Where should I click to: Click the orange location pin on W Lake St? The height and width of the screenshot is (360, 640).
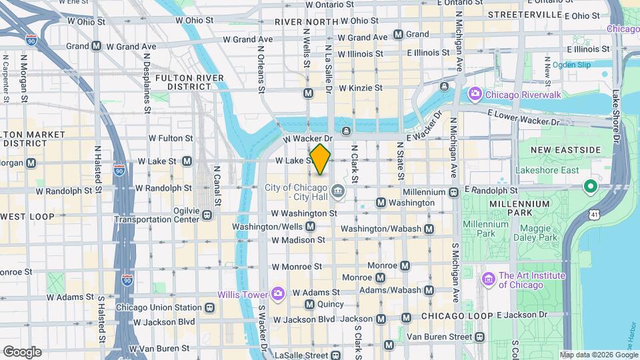coord(320,159)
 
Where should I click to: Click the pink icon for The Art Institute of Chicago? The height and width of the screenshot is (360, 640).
coord(489,278)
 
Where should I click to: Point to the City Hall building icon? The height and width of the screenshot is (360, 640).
coord(339,191)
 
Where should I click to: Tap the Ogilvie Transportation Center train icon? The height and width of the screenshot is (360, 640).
coord(207,215)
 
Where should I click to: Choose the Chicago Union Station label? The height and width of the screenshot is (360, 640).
coord(159,307)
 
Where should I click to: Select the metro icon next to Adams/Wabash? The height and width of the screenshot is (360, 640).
coord(429,290)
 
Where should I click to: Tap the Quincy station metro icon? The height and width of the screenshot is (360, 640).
coord(309,304)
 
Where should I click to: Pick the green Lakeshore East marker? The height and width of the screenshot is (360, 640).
coord(589,185)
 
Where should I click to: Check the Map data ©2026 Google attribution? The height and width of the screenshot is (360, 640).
coord(598,355)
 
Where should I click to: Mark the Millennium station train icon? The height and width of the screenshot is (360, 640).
coord(453,192)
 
